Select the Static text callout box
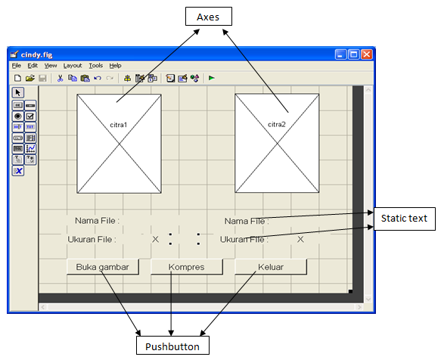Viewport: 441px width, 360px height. coord(404,218)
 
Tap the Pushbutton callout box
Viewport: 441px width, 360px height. coord(172,346)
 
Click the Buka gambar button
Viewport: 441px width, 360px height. coord(103,267)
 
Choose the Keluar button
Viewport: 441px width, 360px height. coord(270,267)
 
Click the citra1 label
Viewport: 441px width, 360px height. coord(118,124)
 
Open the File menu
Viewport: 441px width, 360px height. coord(17,66)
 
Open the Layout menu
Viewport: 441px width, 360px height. coord(73,66)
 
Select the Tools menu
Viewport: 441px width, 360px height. coord(95,66)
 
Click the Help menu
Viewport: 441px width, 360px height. coord(115,66)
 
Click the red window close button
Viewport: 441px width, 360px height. coord(366,54)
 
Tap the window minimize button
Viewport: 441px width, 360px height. coord(341,54)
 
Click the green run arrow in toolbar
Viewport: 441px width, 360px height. coord(212,78)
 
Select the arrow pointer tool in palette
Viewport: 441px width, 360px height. coord(18,92)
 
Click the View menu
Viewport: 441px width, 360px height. coord(51,66)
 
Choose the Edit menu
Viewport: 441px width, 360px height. coord(33,66)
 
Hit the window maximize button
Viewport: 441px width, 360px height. coord(353,54)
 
